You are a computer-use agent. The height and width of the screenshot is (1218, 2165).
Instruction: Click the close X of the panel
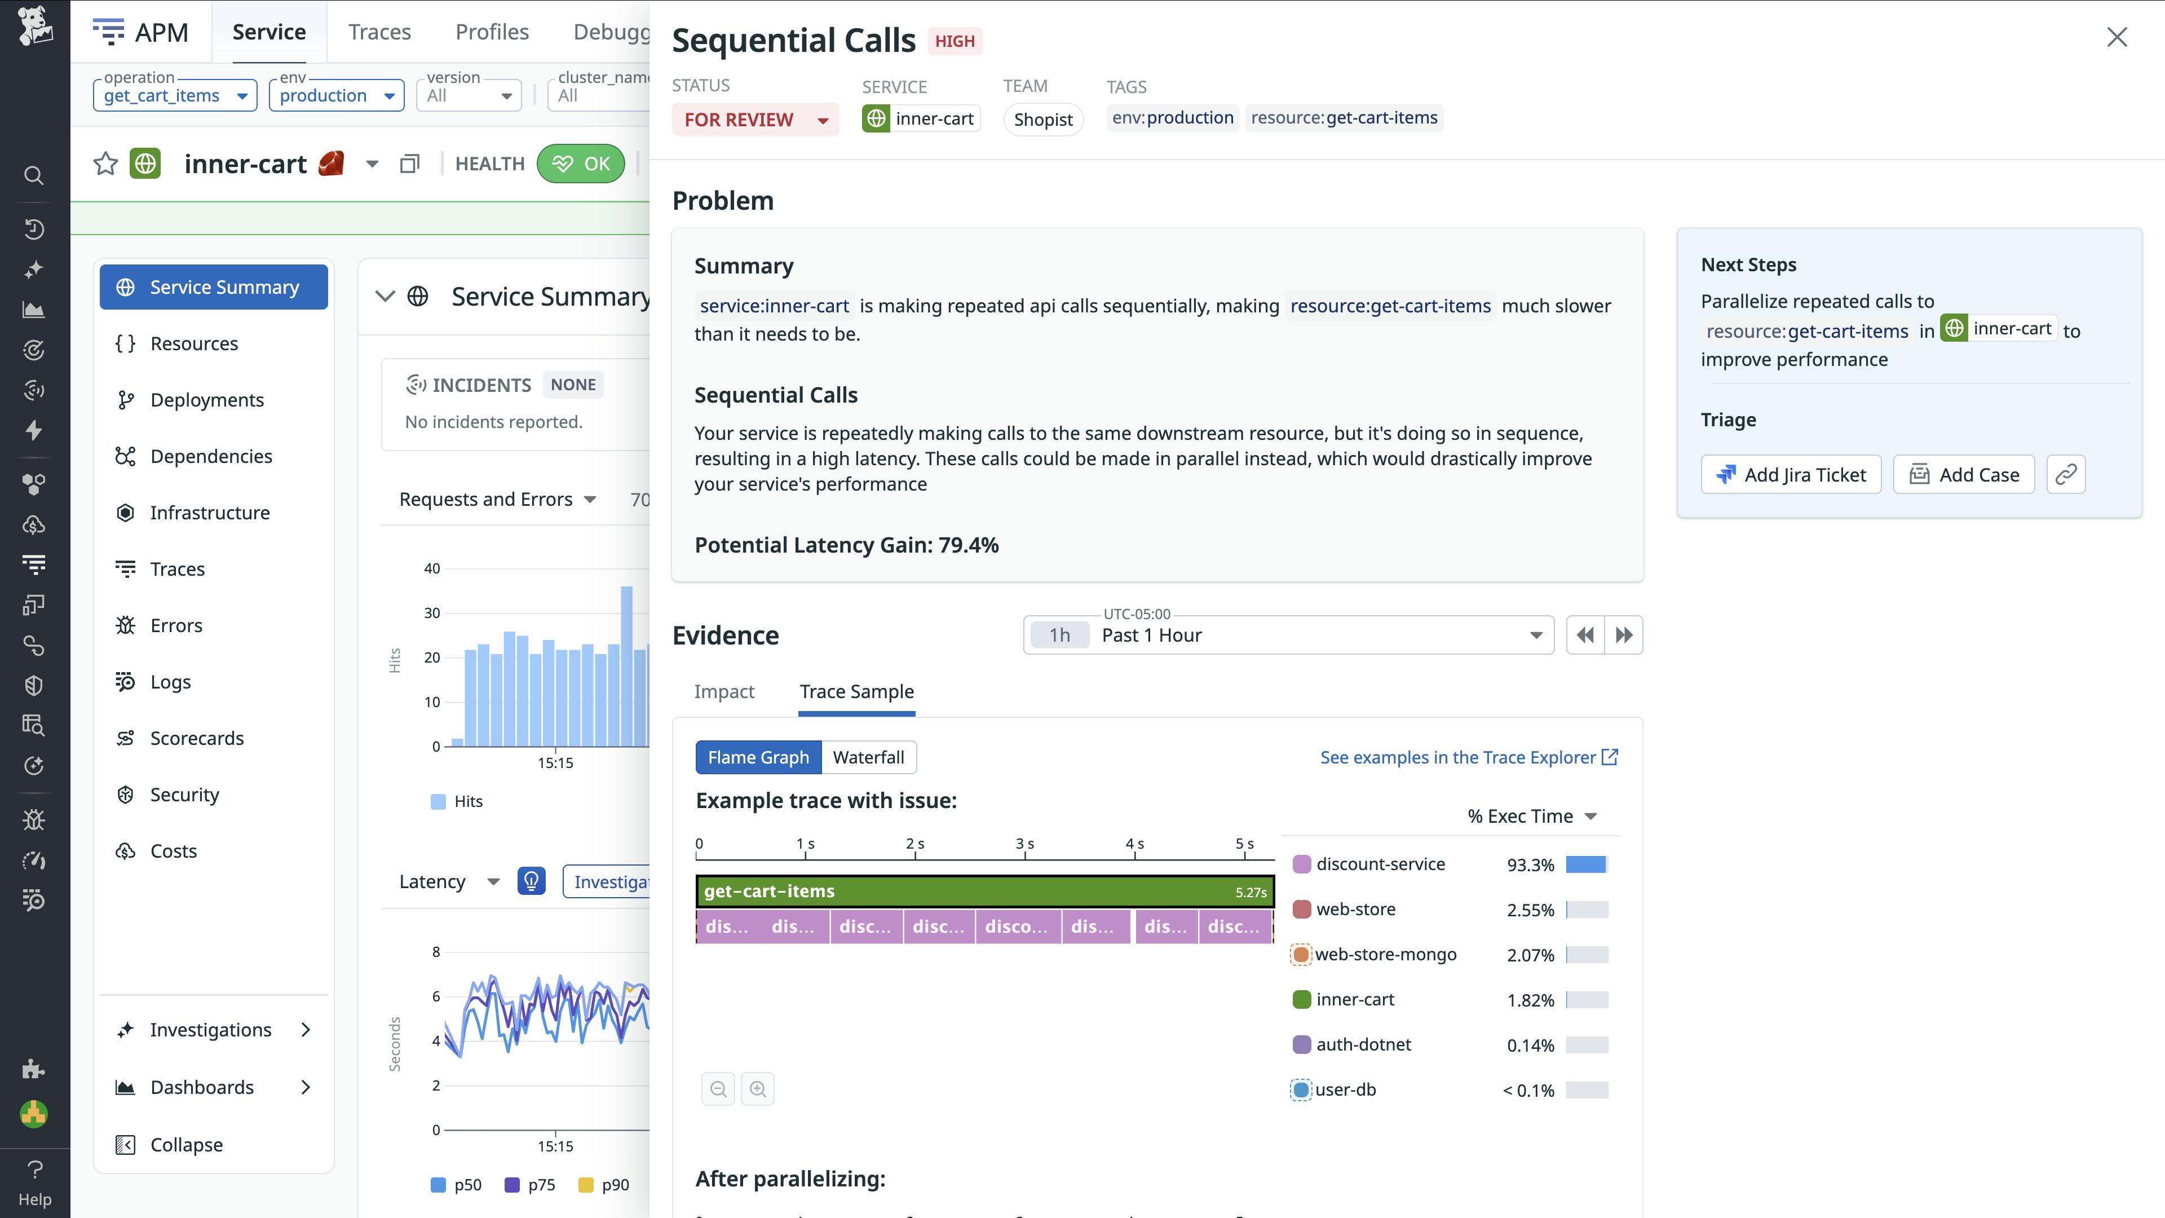(x=2117, y=37)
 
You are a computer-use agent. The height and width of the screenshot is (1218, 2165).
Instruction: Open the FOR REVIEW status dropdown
(x=755, y=120)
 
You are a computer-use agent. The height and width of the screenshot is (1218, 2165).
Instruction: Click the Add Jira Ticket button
(x=1791, y=475)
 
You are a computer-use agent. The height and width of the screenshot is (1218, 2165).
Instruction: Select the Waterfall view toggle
(x=868, y=757)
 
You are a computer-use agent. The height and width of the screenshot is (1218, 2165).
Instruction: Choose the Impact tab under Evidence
(x=723, y=692)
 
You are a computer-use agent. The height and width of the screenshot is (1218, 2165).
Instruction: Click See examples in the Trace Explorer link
(x=1468, y=757)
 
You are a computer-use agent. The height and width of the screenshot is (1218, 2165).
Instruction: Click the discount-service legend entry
(x=1379, y=864)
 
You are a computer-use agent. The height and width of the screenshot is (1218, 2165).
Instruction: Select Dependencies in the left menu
(x=211, y=456)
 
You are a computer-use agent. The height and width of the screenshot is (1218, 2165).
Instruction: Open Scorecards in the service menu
(x=197, y=738)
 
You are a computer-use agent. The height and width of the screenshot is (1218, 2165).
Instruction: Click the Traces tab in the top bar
(x=379, y=32)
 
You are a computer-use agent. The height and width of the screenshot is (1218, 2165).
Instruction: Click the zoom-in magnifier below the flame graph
(x=757, y=1089)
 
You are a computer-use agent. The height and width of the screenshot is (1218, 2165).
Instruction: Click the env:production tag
(x=1173, y=118)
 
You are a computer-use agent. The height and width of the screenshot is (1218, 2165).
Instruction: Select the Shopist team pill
(x=1043, y=120)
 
